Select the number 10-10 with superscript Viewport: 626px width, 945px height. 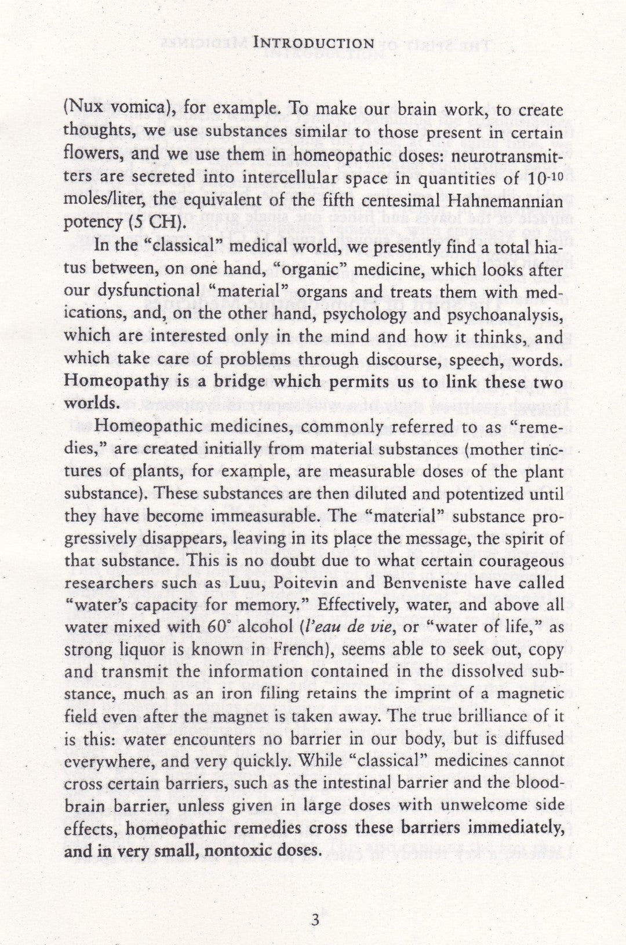(x=546, y=178)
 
